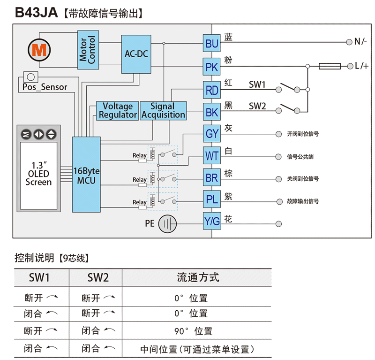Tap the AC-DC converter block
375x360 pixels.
(x=136, y=54)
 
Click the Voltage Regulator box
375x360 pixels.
(x=118, y=111)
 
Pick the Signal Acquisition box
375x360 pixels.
(x=163, y=111)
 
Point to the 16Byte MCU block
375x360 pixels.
(x=86, y=175)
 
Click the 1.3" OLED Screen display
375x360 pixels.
(x=39, y=173)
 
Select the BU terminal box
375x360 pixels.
(x=212, y=44)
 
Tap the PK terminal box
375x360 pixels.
(x=212, y=67)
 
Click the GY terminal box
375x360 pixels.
(x=212, y=134)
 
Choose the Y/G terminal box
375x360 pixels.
(x=212, y=222)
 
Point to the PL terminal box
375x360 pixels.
(x=212, y=200)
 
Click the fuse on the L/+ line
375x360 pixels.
(x=330, y=66)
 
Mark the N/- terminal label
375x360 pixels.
(x=360, y=42)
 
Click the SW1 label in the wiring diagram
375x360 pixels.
(x=257, y=84)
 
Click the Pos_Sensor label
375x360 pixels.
(x=45, y=87)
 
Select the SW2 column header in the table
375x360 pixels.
(x=98, y=277)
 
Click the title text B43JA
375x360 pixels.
(x=36, y=13)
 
